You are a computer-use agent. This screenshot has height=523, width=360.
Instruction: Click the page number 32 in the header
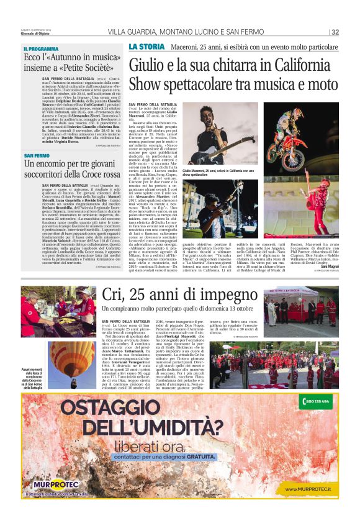coord(335,32)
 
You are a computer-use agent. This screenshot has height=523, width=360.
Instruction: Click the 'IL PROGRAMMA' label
coord(41,49)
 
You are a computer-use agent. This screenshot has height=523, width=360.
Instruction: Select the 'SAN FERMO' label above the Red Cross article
coord(37,155)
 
